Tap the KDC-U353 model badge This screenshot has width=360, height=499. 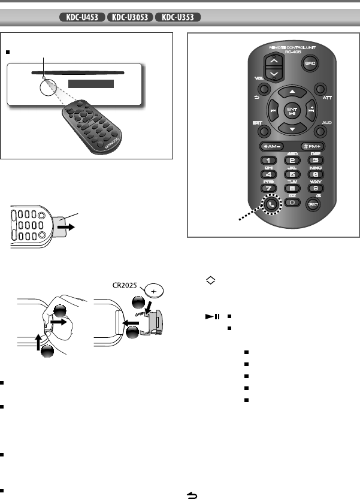177,16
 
